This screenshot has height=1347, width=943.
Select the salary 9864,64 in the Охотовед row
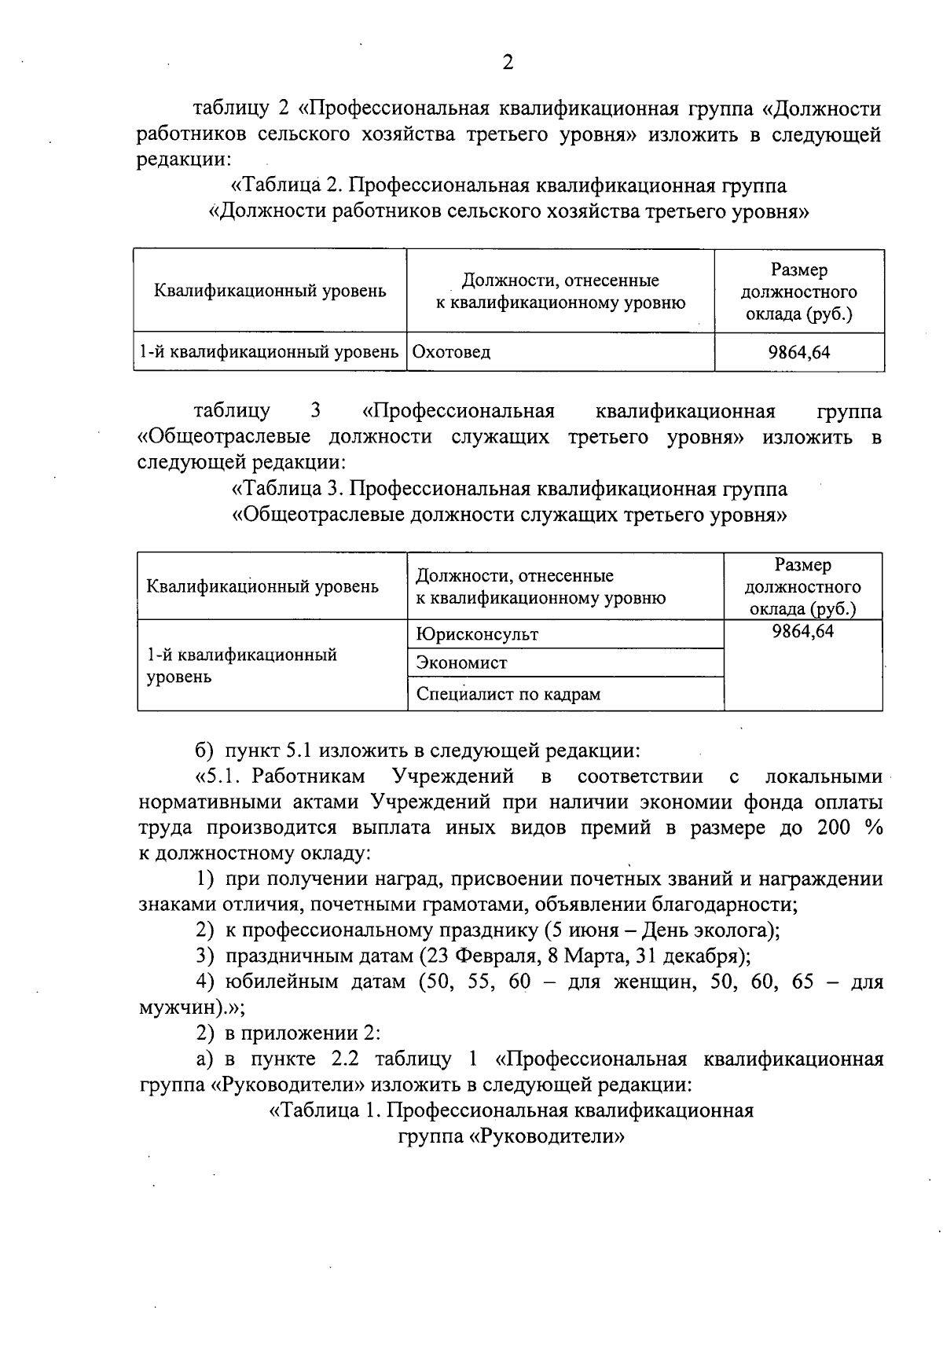(798, 352)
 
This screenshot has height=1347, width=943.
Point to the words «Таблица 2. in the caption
(286, 186)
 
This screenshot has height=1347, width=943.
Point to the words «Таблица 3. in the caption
(288, 489)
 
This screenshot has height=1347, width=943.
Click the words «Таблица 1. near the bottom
(325, 1110)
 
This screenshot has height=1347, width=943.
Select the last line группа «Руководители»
(511, 1136)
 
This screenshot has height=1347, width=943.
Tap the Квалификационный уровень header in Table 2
(270, 292)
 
